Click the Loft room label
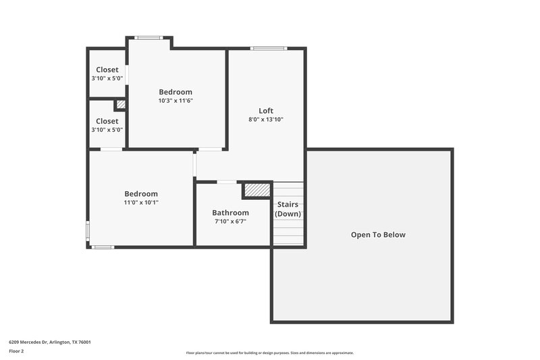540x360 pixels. [x=266, y=111]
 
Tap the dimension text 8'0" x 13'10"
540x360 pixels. [x=266, y=120]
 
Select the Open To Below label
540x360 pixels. [x=378, y=235]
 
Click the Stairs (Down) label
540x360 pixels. [x=288, y=209]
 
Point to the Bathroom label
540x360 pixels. [x=230, y=213]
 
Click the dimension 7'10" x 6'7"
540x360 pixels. [x=230, y=221]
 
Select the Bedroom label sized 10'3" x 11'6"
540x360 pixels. [x=175, y=92]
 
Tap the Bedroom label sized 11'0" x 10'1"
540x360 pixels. [x=140, y=194]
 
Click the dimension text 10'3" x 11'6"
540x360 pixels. [x=175, y=101]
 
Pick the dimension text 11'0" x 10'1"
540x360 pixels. [x=140, y=202]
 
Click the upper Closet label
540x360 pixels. [x=107, y=70]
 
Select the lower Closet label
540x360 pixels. [x=107, y=122]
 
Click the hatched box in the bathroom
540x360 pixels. [x=256, y=190]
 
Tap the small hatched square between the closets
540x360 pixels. [x=120, y=105]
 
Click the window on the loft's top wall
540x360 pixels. [x=269, y=48]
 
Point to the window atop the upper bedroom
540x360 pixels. [x=148, y=38]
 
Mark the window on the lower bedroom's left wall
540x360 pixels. [x=88, y=230]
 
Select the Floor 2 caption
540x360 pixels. [x=16, y=351]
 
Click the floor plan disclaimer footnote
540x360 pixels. [x=269, y=353]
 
